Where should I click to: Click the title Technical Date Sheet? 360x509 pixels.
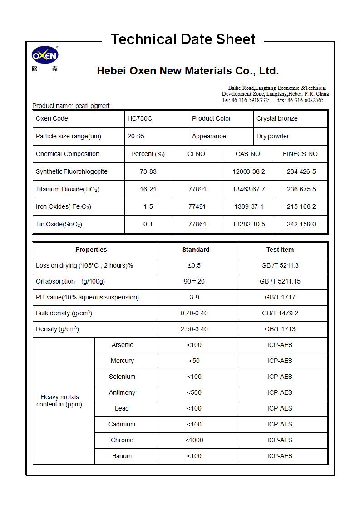point(183,39)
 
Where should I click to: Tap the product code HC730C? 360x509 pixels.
point(140,119)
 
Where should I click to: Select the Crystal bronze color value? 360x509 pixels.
point(277,119)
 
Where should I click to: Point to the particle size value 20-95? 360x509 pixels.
point(136,137)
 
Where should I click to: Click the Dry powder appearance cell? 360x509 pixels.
point(272,137)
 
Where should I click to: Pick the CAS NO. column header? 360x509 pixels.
point(248,154)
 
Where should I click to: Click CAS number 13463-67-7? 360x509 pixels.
point(248,190)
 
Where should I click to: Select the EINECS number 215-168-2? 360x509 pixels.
point(301,207)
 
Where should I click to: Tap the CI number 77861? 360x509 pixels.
point(197,225)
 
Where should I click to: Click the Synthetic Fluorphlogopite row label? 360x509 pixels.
point(71,172)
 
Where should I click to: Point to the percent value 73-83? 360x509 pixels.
point(148,172)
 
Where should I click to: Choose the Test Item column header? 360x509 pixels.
point(280,250)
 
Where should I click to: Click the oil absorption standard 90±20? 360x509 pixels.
point(194,282)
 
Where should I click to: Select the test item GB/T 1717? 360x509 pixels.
point(280,298)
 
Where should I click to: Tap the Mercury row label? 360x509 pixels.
point(122,361)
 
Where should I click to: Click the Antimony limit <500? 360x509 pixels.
point(194,393)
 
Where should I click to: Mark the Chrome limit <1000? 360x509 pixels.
point(194,440)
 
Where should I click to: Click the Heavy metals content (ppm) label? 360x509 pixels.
point(60,401)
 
